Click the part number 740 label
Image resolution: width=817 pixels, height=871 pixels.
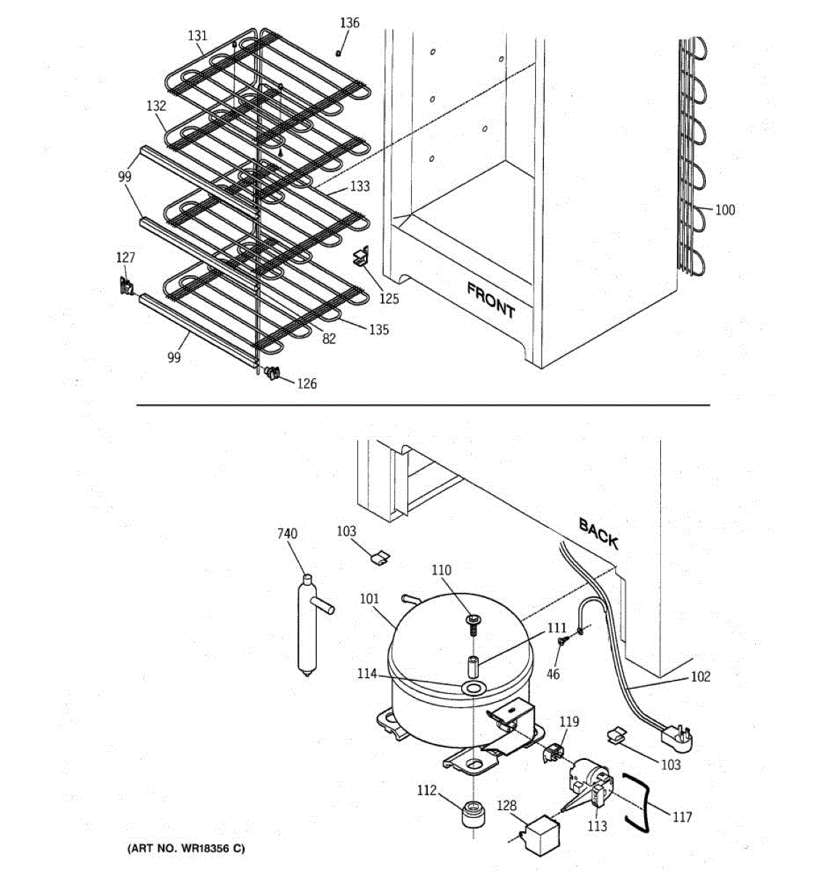click(288, 534)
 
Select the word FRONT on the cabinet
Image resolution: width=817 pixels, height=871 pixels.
click(491, 300)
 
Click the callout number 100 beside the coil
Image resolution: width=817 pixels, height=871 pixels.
click(725, 210)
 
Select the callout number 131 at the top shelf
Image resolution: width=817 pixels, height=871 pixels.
click(198, 36)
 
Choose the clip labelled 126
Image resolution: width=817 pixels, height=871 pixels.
click(272, 374)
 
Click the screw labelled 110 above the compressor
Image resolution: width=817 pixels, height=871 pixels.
click(473, 621)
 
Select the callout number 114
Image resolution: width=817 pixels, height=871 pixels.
click(367, 674)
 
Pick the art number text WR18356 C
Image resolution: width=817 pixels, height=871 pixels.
click(187, 848)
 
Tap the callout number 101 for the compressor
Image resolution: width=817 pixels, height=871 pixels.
click(370, 600)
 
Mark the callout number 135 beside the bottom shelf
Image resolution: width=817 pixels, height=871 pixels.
click(378, 330)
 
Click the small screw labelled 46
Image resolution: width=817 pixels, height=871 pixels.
click(562, 642)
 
